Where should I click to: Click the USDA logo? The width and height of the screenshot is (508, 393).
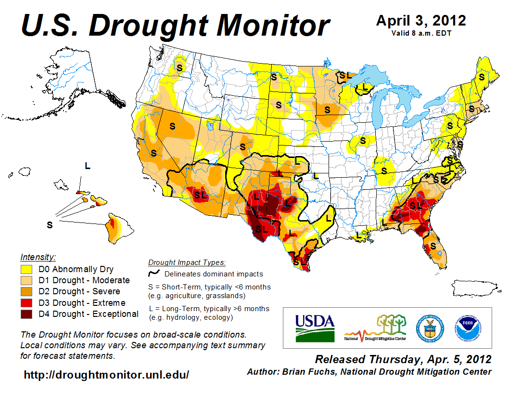[314, 327]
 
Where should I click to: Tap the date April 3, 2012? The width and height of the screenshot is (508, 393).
[421, 21]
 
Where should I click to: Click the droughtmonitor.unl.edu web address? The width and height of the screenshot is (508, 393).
[106, 374]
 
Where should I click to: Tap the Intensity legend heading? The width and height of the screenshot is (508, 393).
[38, 257]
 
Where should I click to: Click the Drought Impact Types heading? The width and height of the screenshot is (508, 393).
[187, 262]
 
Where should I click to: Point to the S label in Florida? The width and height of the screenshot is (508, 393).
[432, 246]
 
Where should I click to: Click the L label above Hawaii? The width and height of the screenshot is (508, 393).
[87, 166]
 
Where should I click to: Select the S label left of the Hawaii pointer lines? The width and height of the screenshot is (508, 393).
[50, 225]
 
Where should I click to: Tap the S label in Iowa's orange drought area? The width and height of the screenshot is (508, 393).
[328, 109]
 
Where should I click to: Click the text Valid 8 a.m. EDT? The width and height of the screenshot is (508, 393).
[420, 33]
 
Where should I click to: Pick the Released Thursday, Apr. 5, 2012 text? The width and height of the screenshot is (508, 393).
[403, 359]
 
